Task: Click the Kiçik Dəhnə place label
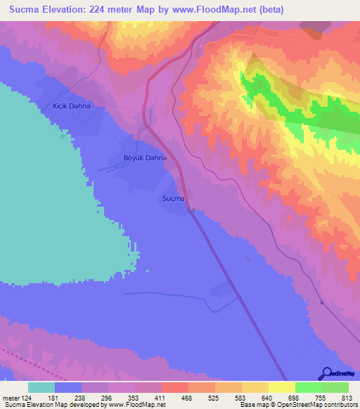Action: point(72,105)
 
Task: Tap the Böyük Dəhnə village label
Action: point(146,159)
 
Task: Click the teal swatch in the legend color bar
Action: point(41,387)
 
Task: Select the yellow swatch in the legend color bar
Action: point(282,387)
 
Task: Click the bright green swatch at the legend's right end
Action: point(335,387)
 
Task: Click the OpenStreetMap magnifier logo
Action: point(326,372)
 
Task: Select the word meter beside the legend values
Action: point(11,398)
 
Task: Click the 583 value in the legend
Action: point(229,398)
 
